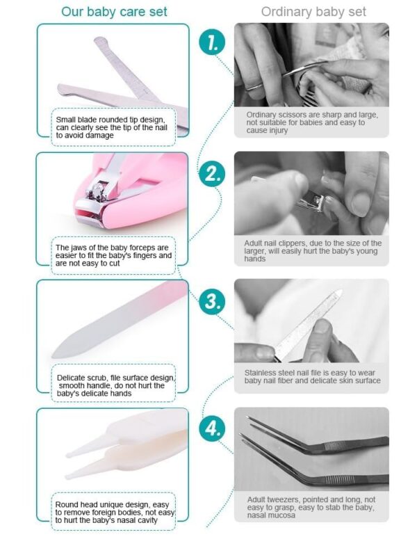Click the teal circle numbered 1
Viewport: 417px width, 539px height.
tap(212, 42)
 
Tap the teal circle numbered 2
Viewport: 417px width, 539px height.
tap(212, 174)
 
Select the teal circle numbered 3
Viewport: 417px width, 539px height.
tap(212, 301)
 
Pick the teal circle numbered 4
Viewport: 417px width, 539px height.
tap(212, 428)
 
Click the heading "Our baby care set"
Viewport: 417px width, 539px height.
tap(114, 12)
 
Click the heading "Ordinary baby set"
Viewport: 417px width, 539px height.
tap(313, 12)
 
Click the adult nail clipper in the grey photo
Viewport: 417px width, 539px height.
tap(310, 202)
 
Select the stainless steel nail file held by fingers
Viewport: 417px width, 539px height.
tap(308, 325)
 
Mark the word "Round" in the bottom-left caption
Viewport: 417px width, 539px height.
tap(65, 505)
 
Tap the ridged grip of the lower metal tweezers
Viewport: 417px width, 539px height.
tap(336, 479)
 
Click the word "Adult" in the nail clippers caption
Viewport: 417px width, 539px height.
tap(253, 243)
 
